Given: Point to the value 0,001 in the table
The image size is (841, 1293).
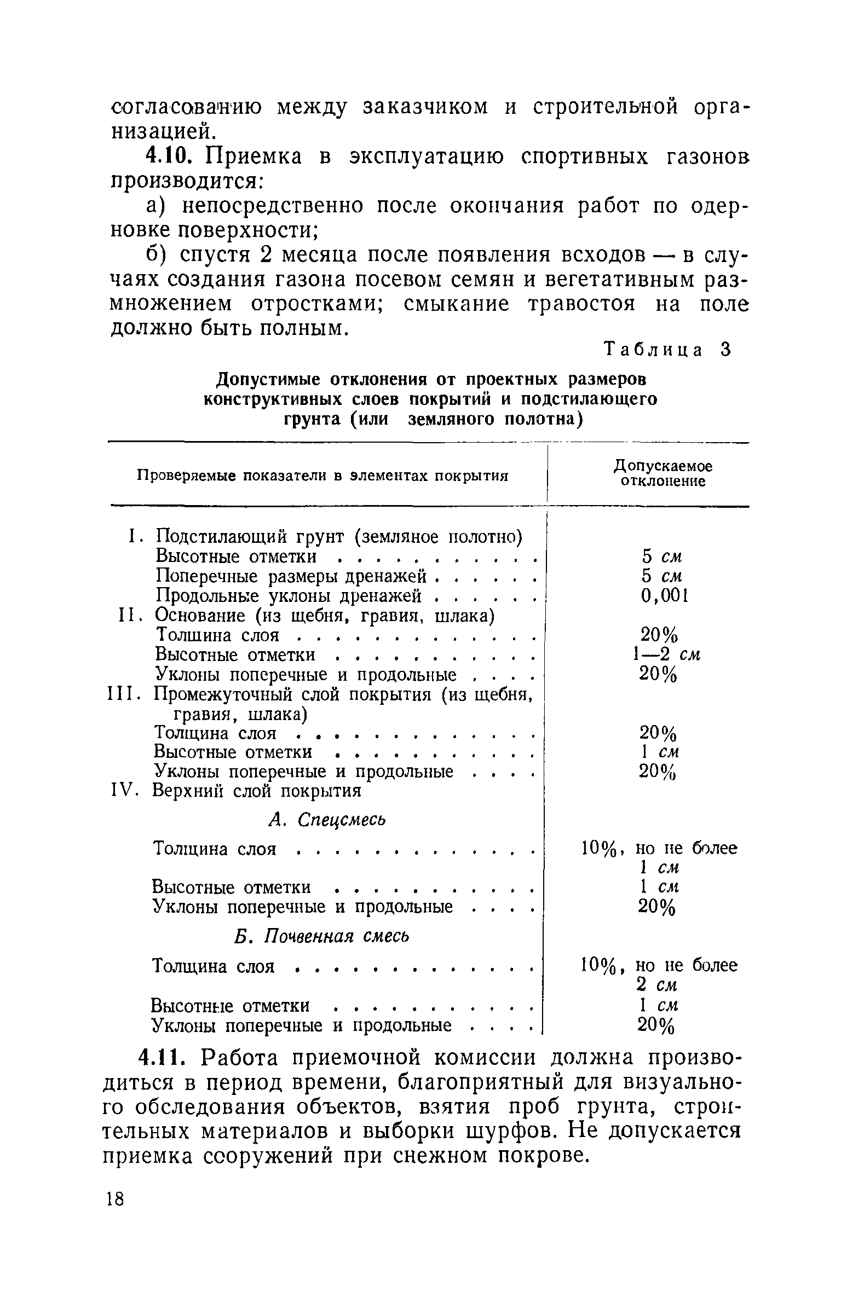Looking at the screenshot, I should pyautogui.click(x=664, y=595).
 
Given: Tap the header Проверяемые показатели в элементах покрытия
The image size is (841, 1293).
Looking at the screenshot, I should pyautogui.click(x=322, y=476).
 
